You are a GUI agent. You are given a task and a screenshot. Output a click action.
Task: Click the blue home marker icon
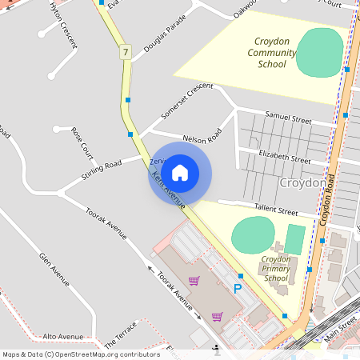tap(180, 172)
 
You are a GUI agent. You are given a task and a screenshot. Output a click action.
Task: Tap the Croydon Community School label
tap(272, 53)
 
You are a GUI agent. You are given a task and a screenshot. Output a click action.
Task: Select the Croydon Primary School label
tap(276, 269)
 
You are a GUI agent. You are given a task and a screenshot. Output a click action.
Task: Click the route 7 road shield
tap(126, 52)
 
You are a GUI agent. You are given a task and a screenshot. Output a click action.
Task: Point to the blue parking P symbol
tap(237, 289)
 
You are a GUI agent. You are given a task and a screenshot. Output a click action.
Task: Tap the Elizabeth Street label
tap(285, 158)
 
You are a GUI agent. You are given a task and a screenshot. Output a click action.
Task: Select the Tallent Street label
tap(276, 210)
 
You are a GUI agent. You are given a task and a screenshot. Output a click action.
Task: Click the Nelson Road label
tap(202, 138)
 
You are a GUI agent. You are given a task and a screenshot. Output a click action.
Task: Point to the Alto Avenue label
tap(63, 337)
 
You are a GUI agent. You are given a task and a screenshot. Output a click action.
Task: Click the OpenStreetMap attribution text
tap(81, 354)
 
